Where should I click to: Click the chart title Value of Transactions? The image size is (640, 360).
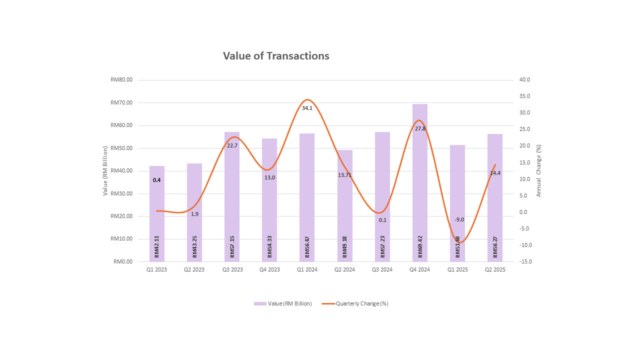[x=276, y=56]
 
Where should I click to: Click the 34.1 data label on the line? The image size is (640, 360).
[x=307, y=108]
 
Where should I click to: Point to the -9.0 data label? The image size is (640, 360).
[x=459, y=219]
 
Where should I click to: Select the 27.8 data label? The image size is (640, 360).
[x=420, y=128]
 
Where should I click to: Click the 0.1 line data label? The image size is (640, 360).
[x=382, y=220]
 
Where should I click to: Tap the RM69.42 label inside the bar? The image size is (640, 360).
[x=420, y=247]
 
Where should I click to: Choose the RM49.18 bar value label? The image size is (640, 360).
[x=345, y=247]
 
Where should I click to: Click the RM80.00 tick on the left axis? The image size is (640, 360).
[x=122, y=80]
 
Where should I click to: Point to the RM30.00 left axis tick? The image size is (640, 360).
[x=122, y=193]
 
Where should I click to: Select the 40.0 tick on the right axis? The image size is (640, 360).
[x=524, y=80]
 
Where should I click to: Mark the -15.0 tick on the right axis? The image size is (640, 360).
[x=525, y=261]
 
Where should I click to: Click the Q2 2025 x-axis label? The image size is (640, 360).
[x=495, y=269]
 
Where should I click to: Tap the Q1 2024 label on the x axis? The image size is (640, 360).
[x=307, y=269]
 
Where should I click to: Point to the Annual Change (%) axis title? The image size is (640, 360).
[x=539, y=170]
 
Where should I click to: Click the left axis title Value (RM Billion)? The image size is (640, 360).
[x=105, y=170]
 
